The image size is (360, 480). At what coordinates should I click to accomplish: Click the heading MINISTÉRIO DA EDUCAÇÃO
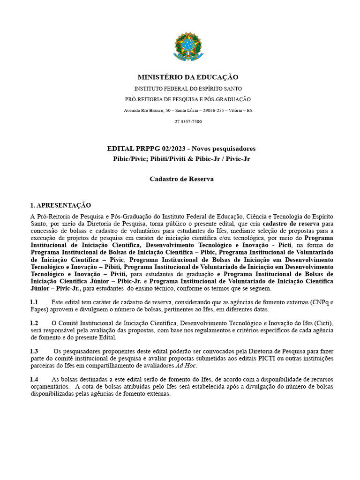point(187,77)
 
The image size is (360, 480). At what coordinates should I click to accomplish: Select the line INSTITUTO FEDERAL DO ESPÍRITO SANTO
point(188,88)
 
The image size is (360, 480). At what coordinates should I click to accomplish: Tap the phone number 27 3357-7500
point(188,121)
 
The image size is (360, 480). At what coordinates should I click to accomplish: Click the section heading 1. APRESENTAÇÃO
point(60,205)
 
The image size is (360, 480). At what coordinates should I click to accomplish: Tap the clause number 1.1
point(34,302)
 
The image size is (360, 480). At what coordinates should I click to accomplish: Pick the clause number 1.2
point(34,323)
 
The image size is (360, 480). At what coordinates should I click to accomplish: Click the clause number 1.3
point(34,351)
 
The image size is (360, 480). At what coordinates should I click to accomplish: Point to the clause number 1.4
point(34,379)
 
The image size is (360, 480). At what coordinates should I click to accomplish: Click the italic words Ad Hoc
point(186,366)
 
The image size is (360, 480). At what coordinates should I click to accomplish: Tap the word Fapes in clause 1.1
point(39,309)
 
